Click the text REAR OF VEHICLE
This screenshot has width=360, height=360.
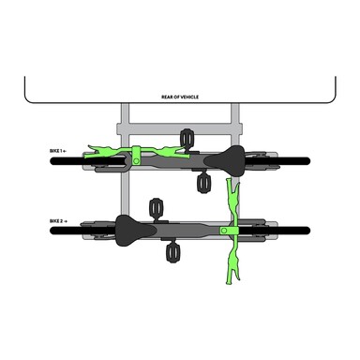coord(180,97)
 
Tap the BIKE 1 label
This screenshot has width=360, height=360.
coord(58,151)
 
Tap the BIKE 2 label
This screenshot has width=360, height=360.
coord(58,221)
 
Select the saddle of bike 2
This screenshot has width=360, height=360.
coord(136,231)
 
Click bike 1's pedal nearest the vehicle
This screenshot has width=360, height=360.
coord(187,137)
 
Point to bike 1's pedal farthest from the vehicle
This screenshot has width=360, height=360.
coord(203,184)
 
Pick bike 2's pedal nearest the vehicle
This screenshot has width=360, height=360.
coord(156,208)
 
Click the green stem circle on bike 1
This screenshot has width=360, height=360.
coord(136,161)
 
